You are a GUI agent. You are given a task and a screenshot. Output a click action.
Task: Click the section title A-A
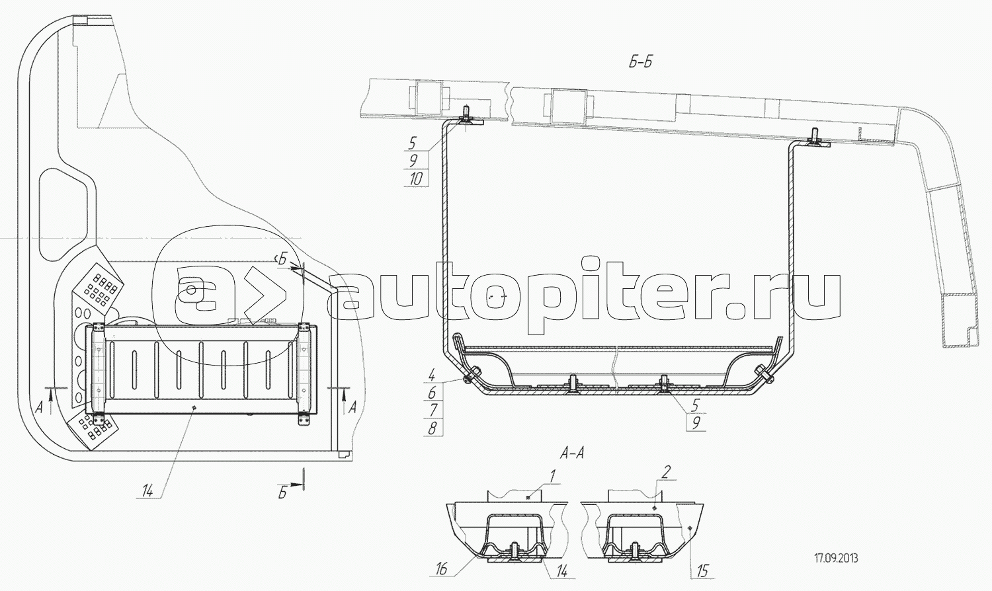click(x=572, y=453)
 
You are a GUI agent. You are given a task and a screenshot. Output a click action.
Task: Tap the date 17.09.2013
click(x=836, y=559)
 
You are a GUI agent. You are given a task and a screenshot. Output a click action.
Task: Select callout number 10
click(x=416, y=179)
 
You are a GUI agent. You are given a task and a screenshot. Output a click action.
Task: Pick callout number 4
click(x=432, y=376)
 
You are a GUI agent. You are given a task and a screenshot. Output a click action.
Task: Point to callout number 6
click(x=433, y=393)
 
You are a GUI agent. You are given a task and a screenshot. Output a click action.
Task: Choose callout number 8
click(x=433, y=428)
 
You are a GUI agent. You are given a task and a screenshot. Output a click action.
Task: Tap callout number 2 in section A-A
click(x=667, y=473)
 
